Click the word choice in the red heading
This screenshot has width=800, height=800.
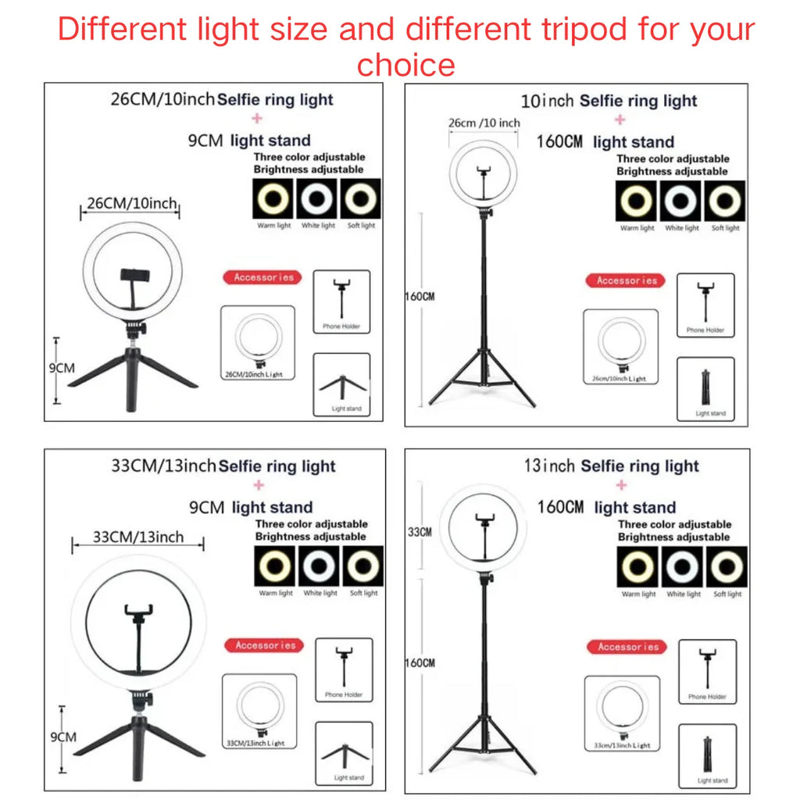click(405, 64)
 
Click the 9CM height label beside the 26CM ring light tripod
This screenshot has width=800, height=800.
click(62, 368)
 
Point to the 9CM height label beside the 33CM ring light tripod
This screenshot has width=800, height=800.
click(62, 737)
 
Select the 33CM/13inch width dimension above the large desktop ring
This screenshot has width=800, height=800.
click(138, 537)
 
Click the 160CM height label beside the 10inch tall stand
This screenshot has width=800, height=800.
click(420, 297)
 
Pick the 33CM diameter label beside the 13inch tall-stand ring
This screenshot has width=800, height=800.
click(420, 532)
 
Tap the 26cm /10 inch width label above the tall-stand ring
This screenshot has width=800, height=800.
click(484, 123)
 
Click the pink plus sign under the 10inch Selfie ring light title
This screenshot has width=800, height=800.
click(620, 120)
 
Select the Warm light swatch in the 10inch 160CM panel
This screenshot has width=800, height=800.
click(636, 202)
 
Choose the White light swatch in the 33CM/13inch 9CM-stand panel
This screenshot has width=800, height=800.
click(319, 566)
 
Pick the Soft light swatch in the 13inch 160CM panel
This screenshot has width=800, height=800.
click(727, 566)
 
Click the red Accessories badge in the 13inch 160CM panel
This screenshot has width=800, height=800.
click(628, 647)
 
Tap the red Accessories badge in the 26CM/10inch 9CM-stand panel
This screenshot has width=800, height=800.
click(263, 277)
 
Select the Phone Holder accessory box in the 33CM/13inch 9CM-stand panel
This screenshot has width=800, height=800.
click(344, 669)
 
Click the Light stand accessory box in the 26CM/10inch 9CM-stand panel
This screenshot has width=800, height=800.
click(341, 385)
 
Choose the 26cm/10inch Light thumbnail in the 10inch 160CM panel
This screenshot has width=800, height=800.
click(620, 347)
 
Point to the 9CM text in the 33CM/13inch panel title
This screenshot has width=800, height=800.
click(207, 507)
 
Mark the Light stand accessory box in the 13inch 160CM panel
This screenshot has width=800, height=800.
click(707, 756)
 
